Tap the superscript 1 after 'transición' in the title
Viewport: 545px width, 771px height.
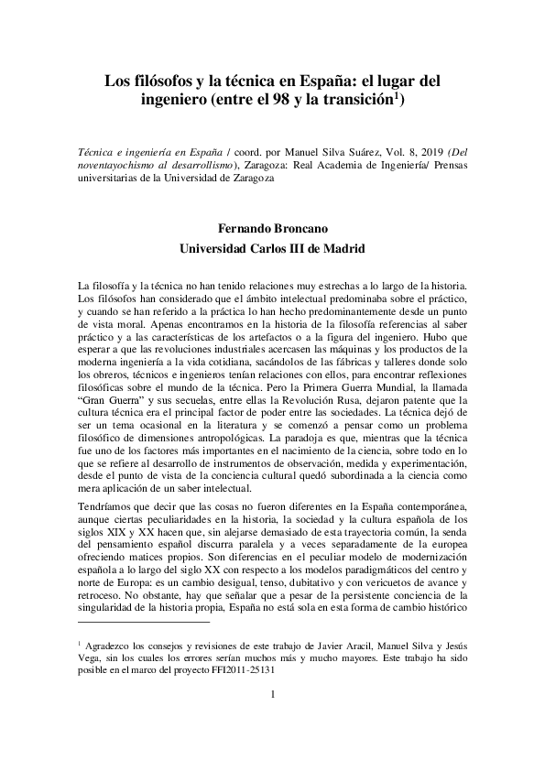pos(396,93)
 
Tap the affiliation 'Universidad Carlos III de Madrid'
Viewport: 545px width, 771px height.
pos(272,248)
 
